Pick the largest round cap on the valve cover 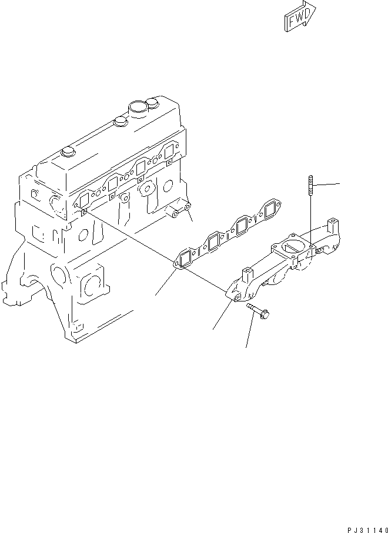tap(138, 108)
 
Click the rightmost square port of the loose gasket tap(271, 209)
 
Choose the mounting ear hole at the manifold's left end tap(237, 299)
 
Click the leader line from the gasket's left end tap(165, 281)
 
